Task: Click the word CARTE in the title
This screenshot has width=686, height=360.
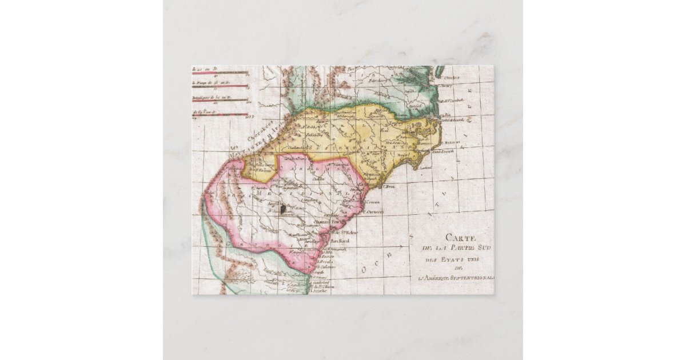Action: tap(460, 238)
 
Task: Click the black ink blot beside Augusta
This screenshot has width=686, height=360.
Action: tap(282, 210)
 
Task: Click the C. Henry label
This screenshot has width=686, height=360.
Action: tap(446, 86)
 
